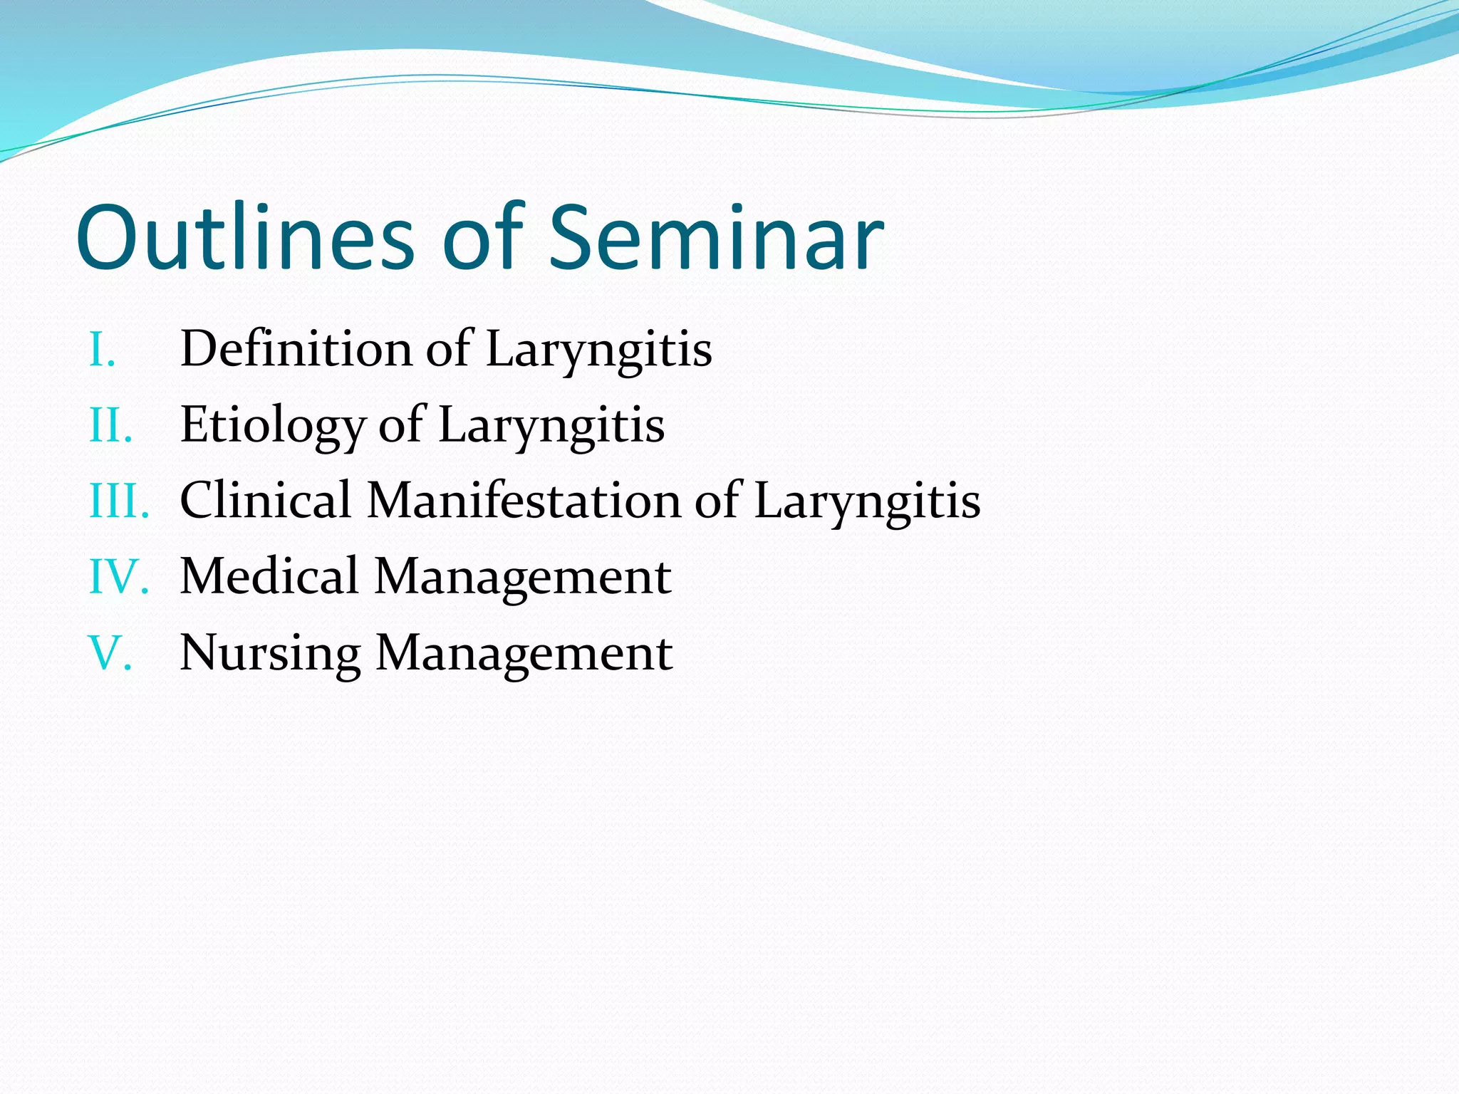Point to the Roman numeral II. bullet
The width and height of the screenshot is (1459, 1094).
(x=111, y=426)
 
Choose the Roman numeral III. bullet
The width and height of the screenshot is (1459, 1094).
(x=119, y=501)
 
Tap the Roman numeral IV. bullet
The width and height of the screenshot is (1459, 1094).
(x=119, y=577)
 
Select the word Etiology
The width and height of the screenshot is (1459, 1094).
(x=273, y=426)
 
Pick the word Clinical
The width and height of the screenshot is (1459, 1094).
(x=266, y=500)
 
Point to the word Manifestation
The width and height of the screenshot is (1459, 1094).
(x=524, y=500)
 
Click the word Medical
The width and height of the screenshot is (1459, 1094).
(x=269, y=576)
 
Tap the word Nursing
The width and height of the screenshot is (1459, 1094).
(x=270, y=653)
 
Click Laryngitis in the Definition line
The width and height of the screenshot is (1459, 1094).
(x=598, y=350)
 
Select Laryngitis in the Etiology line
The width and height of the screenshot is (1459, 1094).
(x=551, y=426)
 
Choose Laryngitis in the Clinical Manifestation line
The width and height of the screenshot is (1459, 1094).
(x=866, y=501)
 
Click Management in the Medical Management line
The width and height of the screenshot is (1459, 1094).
(x=522, y=578)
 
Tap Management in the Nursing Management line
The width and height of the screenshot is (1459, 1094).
(x=524, y=653)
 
